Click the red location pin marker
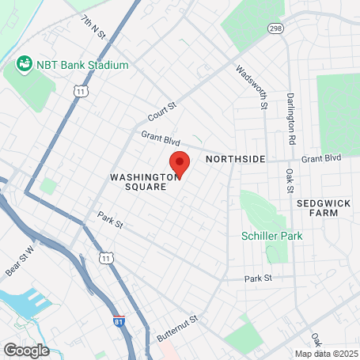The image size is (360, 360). (x=180, y=165)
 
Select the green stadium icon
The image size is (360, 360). (x=25, y=63)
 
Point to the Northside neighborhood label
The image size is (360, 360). (x=235, y=159)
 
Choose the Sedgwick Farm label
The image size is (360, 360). (x=322, y=208)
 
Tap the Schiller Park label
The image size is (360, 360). (x=271, y=235)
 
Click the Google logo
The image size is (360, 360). (x=26, y=350)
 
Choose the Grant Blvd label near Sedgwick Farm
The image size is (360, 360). (x=320, y=158)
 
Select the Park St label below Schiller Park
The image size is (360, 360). (x=258, y=279)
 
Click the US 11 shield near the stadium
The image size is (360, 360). (x=80, y=92)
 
